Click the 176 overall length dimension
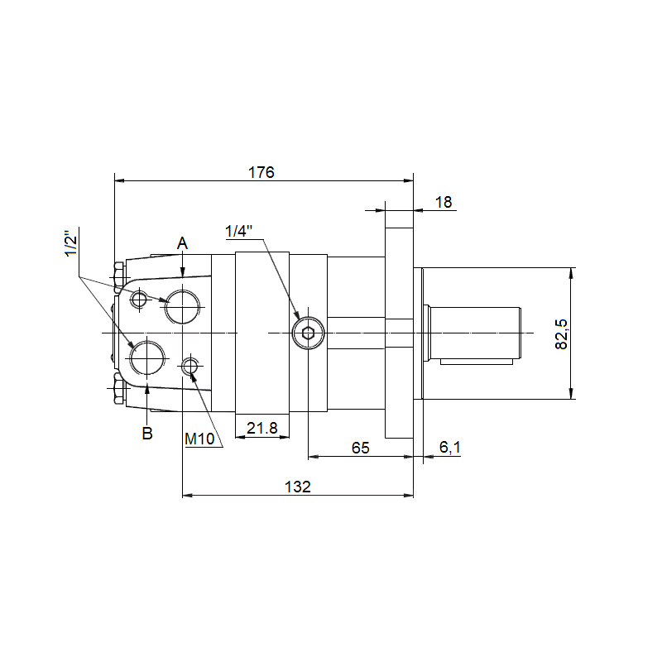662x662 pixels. [261, 172]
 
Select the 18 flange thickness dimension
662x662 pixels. [444, 202]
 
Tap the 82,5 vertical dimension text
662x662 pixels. [562, 334]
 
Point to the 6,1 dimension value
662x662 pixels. [449, 447]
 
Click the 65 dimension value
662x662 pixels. [360, 448]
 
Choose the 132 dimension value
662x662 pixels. [298, 487]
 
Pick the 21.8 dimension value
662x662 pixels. [261, 428]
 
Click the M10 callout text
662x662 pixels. [199, 439]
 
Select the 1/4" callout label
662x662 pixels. [238, 232]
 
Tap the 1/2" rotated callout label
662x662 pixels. [71, 242]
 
